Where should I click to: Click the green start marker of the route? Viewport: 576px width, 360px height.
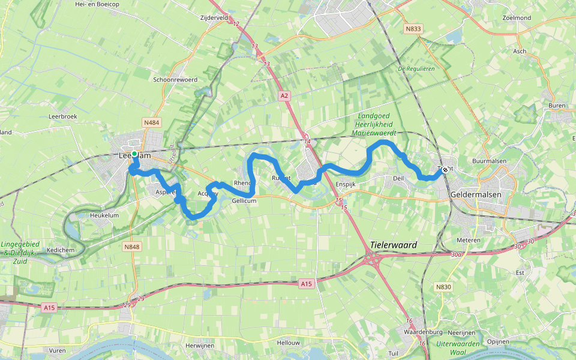(134, 154)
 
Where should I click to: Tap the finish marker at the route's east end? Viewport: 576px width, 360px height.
(445, 170)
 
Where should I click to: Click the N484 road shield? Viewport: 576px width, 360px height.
(152, 122)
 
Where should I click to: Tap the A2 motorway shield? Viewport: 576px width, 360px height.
(284, 95)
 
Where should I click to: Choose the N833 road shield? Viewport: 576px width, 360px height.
(413, 28)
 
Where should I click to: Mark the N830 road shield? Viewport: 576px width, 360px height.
(443, 287)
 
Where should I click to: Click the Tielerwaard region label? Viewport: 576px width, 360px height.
(394, 245)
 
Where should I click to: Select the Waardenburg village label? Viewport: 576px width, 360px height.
(423, 332)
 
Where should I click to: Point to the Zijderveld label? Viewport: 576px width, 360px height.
(215, 18)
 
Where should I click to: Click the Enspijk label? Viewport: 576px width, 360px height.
(346, 184)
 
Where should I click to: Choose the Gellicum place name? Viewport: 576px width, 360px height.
(244, 201)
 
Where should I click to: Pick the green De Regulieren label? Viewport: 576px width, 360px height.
(416, 69)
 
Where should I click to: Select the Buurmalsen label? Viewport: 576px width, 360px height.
(489, 161)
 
